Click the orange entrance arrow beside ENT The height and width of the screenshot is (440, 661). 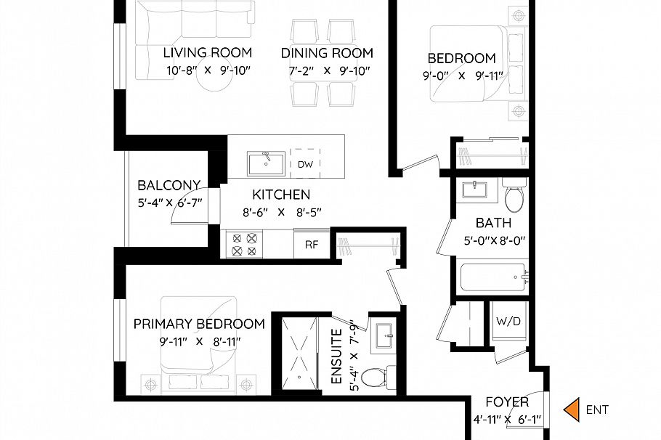[573, 410]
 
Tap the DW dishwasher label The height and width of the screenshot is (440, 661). [305, 164]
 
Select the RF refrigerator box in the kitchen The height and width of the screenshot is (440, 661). [311, 244]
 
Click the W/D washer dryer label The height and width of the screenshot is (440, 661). [508, 321]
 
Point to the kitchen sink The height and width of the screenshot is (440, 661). [266, 163]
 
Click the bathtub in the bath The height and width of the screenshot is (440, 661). [492, 276]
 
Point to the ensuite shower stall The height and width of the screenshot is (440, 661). [299, 355]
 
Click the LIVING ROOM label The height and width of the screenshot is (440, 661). [207, 52]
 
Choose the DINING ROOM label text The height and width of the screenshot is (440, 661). [327, 53]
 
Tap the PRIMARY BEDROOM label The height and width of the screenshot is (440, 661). [199, 324]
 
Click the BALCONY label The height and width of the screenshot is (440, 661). [169, 185]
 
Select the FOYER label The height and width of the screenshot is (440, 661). [506, 402]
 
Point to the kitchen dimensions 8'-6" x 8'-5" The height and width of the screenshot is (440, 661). [280, 211]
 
